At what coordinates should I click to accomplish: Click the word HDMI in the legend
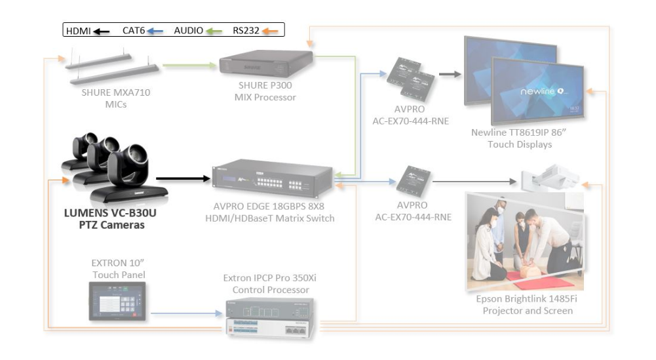(78, 30)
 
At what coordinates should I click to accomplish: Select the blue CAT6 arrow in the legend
(155, 30)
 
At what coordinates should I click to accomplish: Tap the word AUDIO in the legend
(188, 30)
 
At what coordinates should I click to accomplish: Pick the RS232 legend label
(246, 30)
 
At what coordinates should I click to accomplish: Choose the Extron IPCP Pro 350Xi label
(270, 283)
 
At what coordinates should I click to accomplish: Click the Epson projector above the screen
(549, 178)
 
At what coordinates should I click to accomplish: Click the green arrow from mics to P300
(189, 65)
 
